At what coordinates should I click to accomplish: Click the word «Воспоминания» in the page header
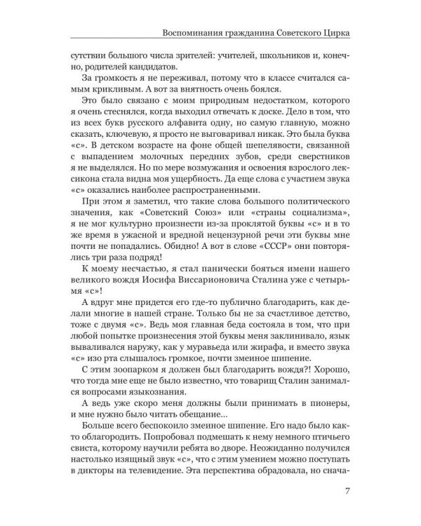[x=194, y=33]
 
